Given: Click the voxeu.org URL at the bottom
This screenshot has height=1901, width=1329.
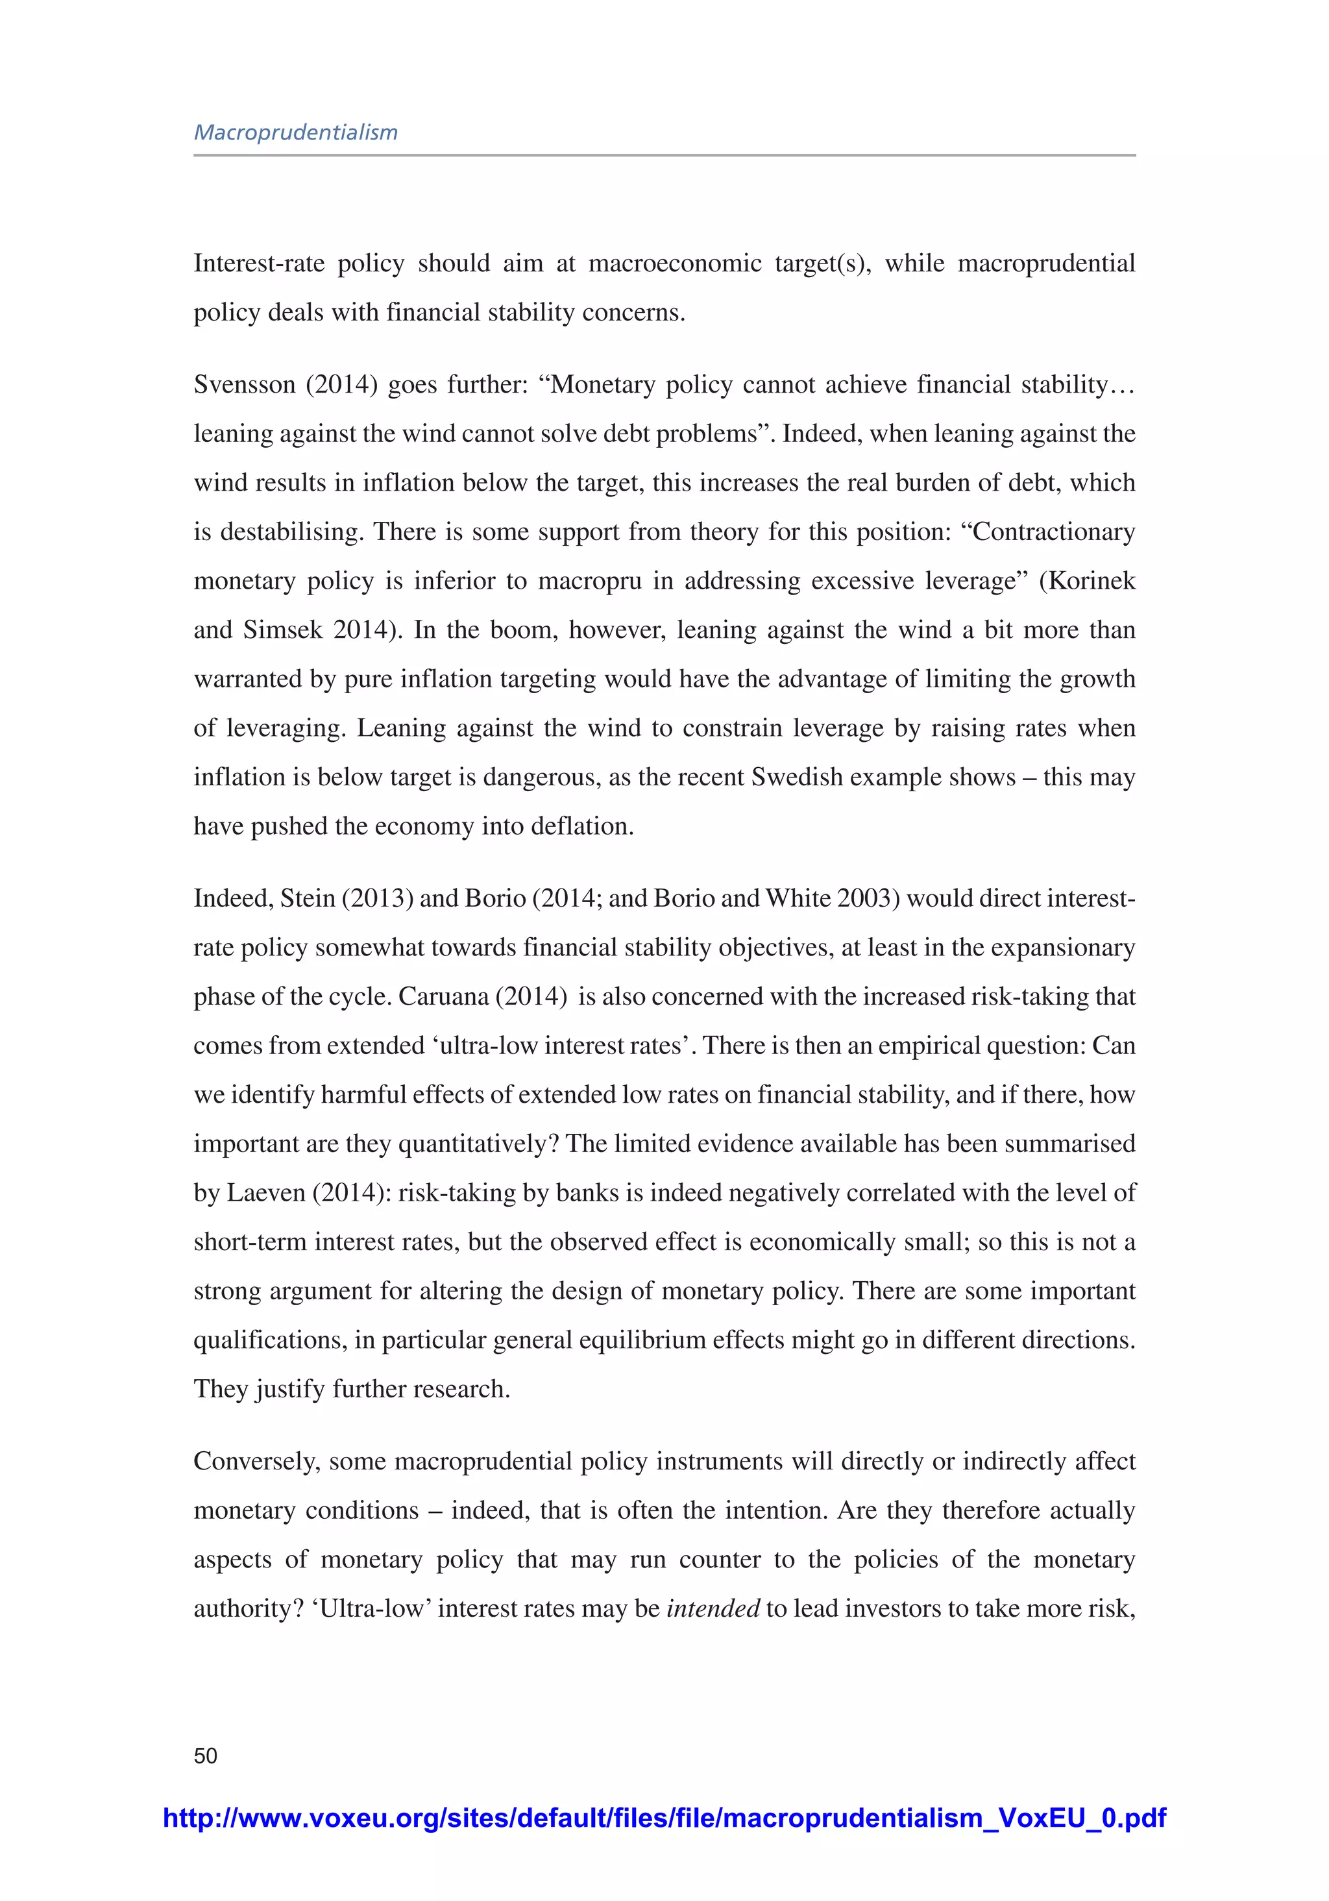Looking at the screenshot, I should click(x=664, y=1817).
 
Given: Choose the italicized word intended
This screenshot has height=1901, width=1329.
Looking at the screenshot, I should click(x=713, y=1609).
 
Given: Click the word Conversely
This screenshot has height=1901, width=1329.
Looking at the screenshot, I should click(x=257, y=1462).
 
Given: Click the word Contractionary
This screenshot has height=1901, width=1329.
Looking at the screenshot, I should click(x=1053, y=532).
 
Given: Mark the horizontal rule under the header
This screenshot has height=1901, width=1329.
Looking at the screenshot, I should click(x=664, y=155).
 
